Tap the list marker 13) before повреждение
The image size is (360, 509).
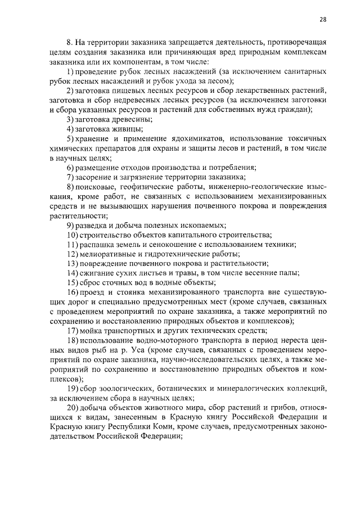71,264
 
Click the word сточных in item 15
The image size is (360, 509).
125,283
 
